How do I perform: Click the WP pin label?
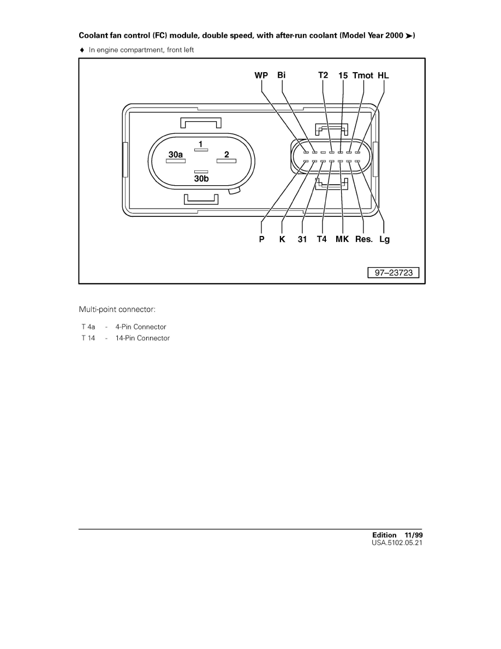click(261, 75)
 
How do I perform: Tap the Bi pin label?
click(282, 75)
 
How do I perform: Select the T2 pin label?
click(323, 75)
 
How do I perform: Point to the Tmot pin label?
click(363, 75)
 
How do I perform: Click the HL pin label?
click(384, 75)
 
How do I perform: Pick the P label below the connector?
click(262, 239)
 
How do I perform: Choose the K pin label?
click(282, 239)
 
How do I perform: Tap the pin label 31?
click(302, 239)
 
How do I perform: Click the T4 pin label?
click(322, 239)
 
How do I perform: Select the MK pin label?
click(342, 239)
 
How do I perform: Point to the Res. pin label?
click(364, 239)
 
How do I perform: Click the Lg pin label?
click(385, 239)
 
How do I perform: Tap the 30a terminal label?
click(175, 155)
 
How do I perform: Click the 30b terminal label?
click(201, 178)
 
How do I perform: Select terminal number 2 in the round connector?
click(226, 155)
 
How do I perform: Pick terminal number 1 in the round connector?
click(201, 144)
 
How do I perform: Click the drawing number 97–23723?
click(393, 273)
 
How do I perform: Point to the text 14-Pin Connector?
click(142, 338)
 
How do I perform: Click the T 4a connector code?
click(88, 327)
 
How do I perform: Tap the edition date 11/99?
click(413, 535)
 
